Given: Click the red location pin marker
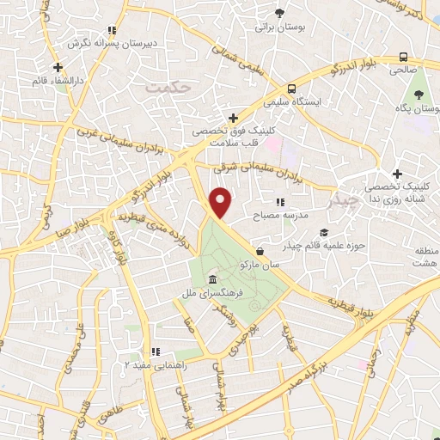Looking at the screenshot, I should (222, 203).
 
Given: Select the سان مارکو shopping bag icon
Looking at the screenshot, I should (260, 252).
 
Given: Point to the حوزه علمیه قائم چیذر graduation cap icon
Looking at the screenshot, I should (324, 232).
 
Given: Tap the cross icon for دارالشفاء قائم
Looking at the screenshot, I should (58, 67).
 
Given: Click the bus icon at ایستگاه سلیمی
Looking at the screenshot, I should (292, 88).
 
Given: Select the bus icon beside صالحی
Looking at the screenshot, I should (404, 58).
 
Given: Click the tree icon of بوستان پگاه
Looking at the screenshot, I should (419, 93).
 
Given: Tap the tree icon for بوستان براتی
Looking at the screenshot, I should (279, 12).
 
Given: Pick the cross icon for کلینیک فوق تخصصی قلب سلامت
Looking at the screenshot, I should (232, 117).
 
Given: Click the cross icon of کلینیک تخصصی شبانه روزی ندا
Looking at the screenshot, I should (396, 174).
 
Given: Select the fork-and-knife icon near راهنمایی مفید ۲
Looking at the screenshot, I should (156, 351).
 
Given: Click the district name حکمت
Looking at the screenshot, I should (166, 88).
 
